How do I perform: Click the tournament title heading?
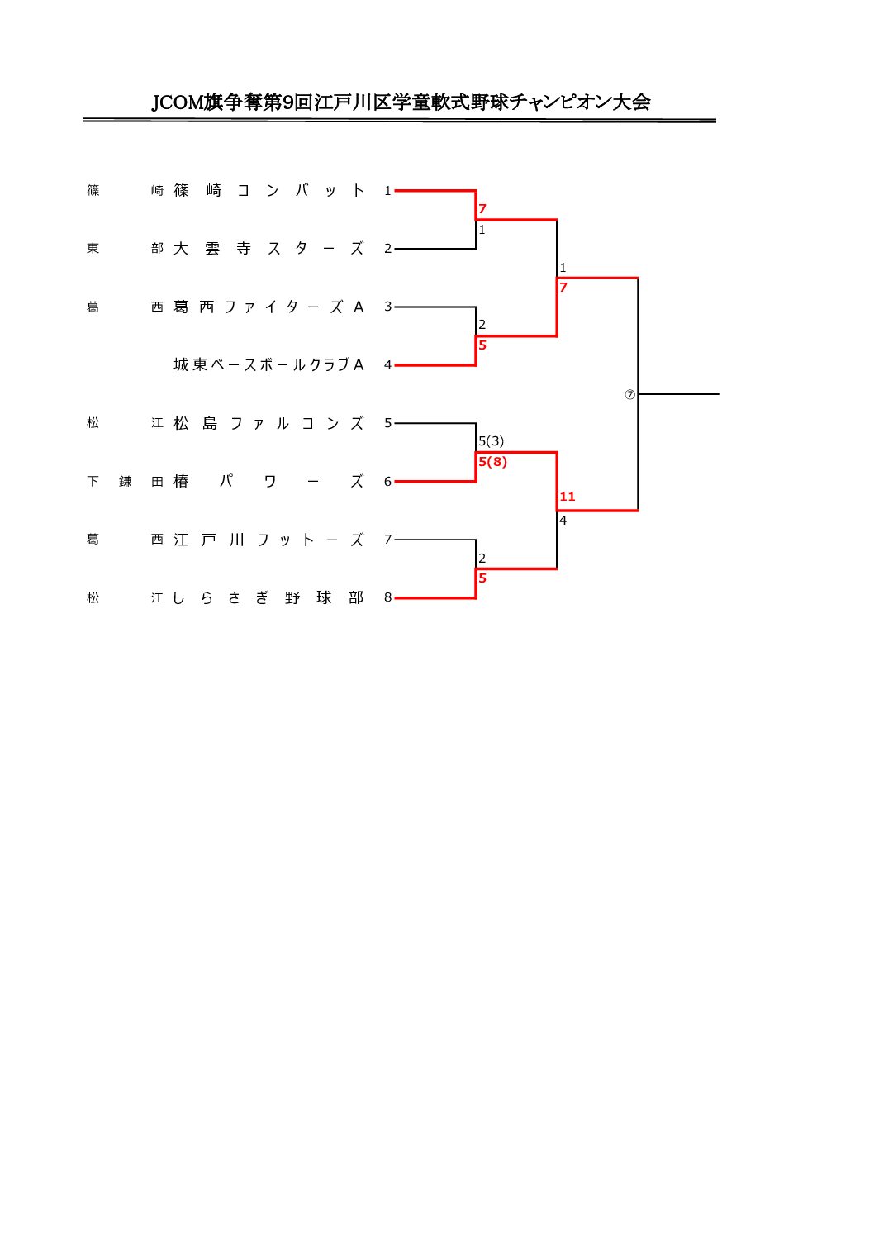click(x=401, y=102)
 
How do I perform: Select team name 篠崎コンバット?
click(x=268, y=191)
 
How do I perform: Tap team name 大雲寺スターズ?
click(x=268, y=249)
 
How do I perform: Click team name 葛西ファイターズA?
click(x=268, y=307)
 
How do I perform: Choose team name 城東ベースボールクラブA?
click(x=268, y=364)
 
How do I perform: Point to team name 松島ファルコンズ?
click(x=268, y=423)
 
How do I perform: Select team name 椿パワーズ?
click(x=268, y=481)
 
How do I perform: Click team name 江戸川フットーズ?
click(x=268, y=540)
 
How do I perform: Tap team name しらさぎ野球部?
click(x=268, y=597)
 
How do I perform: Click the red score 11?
click(x=568, y=497)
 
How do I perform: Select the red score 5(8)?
click(x=492, y=462)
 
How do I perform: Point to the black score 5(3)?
click(x=492, y=441)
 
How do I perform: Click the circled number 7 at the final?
click(x=630, y=394)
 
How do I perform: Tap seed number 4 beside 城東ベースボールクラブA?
click(x=387, y=365)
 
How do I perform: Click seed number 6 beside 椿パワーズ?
click(x=387, y=482)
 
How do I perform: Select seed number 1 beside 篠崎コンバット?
click(x=387, y=191)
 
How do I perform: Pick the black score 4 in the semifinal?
click(x=563, y=521)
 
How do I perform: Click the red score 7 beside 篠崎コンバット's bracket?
click(x=482, y=209)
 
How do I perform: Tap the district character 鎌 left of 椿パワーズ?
click(x=126, y=482)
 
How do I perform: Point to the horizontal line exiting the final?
click(x=678, y=394)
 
